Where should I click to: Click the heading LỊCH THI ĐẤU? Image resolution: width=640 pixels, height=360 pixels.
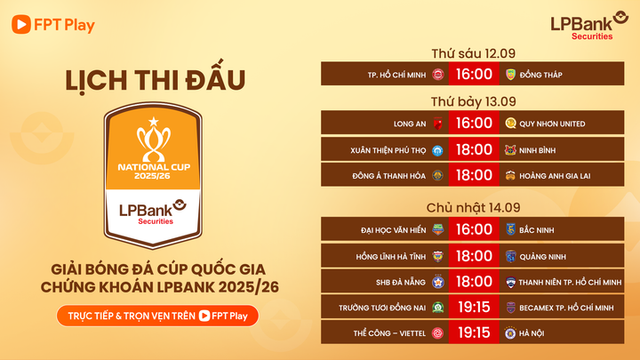click(x=154, y=81)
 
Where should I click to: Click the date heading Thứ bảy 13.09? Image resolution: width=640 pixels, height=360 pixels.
click(x=473, y=100)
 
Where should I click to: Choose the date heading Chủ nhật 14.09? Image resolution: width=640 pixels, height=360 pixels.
click(x=473, y=206)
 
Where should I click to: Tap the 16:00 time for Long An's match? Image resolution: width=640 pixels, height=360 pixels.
click(x=474, y=124)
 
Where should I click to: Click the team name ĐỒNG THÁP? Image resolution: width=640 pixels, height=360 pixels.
click(x=542, y=75)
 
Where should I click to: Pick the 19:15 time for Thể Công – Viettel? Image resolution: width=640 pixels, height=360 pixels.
click(x=474, y=332)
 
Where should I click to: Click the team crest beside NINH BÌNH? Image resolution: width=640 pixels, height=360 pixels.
click(x=510, y=149)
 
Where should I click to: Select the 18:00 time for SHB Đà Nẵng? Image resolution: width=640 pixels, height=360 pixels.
click(x=474, y=281)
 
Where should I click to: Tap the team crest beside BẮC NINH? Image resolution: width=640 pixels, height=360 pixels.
click(x=510, y=229)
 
